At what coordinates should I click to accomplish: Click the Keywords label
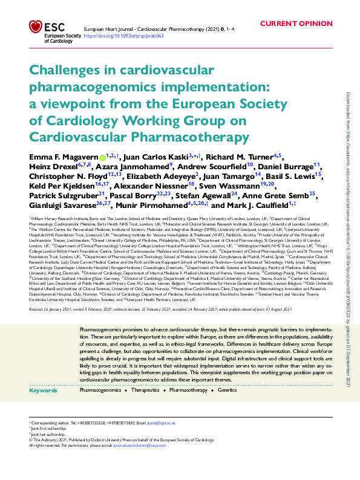coord(43,391)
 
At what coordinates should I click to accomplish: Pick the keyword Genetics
coord(227,391)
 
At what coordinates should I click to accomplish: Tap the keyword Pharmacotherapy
coord(188,391)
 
